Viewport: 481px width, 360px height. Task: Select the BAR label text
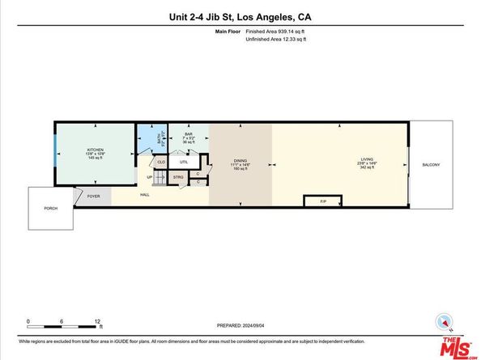(x=189, y=134)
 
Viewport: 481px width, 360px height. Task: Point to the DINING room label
(x=240, y=161)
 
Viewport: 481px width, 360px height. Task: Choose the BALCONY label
(x=431, y=165)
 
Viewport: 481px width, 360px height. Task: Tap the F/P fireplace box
(x=323, y=201)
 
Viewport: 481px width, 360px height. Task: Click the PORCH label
(x=50, y=208)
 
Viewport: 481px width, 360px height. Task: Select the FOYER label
(x=93, y=195)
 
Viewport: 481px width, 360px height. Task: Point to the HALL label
(x=144, y=195)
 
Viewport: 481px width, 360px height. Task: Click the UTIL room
(x=184, y=162)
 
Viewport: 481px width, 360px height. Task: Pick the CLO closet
(x=161, y=162)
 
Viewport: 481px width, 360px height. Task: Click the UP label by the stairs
(x=150, y=177)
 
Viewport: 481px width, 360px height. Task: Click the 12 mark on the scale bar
(x=97, y=321)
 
